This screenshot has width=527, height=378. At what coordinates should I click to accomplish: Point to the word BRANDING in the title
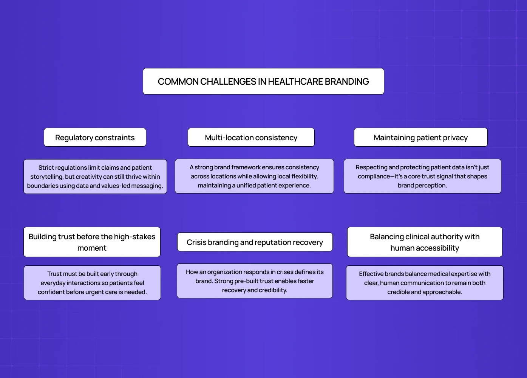pos(347,82)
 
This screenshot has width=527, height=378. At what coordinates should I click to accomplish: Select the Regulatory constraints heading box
pos(95,138)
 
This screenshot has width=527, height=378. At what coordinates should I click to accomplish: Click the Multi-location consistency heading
pos(251,138)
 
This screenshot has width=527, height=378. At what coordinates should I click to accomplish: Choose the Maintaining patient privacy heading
pos(420,138)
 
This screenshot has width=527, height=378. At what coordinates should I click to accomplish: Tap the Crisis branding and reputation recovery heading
pos(255,242)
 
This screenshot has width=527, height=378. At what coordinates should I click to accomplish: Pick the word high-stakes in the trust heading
pos(134,237)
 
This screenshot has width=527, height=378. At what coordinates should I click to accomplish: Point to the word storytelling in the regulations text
pos(46,177)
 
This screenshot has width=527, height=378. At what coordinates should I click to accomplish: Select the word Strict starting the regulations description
pos(46,168)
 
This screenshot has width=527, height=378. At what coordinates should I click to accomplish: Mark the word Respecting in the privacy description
pos(372,167)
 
